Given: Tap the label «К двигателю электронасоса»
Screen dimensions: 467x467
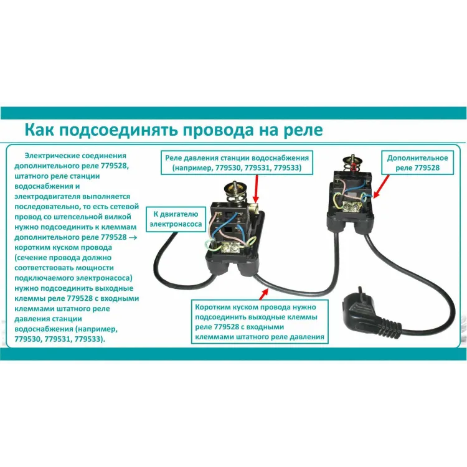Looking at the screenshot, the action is click(176, 219).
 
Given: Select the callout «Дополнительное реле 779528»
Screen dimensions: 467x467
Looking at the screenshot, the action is click(418, 163).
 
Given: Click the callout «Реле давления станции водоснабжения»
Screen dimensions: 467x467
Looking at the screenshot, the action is click(237, 163).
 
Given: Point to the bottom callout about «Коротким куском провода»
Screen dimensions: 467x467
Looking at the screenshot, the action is click(260, 322).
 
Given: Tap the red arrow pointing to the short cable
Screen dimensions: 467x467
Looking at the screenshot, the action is click(263, 295).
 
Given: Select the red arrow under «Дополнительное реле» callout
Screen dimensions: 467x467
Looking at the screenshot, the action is click(381, 186).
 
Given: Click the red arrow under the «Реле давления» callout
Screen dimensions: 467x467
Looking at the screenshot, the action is click(256, 189).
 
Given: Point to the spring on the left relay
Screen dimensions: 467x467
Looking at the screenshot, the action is click(233, 198).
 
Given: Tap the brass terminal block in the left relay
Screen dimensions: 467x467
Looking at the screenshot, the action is click(230, 247).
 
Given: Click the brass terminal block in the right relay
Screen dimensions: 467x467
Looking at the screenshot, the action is click(352, 206).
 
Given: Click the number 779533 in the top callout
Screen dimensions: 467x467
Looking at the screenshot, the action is click(287, 167).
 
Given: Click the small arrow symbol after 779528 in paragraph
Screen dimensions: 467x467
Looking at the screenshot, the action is click(133, 238).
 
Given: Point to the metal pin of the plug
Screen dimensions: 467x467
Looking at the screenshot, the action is click(361, 291).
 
